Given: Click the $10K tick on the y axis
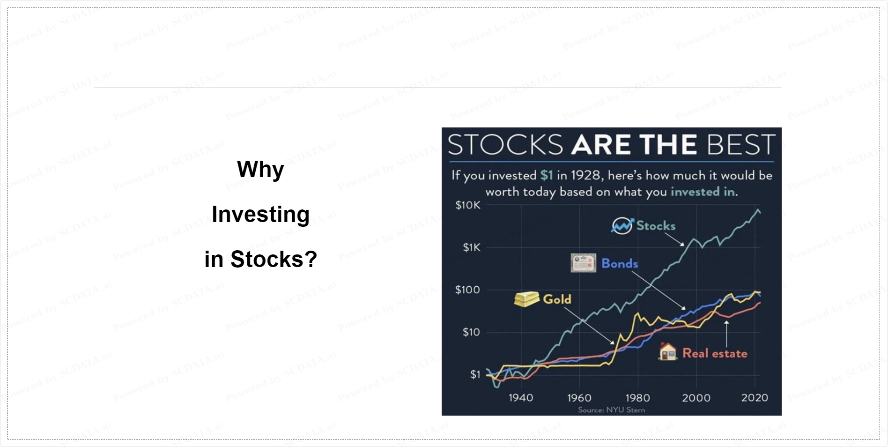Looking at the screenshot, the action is tap(468, 205).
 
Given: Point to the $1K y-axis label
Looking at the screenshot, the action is tap(472, 247).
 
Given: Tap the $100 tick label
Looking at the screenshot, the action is tap(467, 290).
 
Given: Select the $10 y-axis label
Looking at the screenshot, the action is tap(471, 332).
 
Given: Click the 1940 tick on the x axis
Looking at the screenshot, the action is tap(521, 398).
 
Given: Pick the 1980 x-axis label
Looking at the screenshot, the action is tap(638, 398).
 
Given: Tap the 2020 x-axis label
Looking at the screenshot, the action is tap(755, 398).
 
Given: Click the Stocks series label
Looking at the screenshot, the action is tap(656, 226).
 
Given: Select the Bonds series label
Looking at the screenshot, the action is tap(620, 263).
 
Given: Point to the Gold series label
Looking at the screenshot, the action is tap(557, 299).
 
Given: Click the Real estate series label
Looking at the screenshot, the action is tap(715, 353).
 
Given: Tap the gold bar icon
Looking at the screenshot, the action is tap(526, 299).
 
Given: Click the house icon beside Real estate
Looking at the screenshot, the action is tap(668, 351).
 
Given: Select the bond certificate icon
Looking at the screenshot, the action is tap(583, 263).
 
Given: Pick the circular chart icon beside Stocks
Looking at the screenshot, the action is tap(622, 226).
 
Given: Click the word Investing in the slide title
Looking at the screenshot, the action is tap(261, 215).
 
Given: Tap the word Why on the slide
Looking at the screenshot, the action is tap(260, 170).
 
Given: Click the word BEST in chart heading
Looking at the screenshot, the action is tap(741, 144).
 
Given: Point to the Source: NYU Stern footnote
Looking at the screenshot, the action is tap(611, 410).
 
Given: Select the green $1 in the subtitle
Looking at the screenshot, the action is tap(547, 175).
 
